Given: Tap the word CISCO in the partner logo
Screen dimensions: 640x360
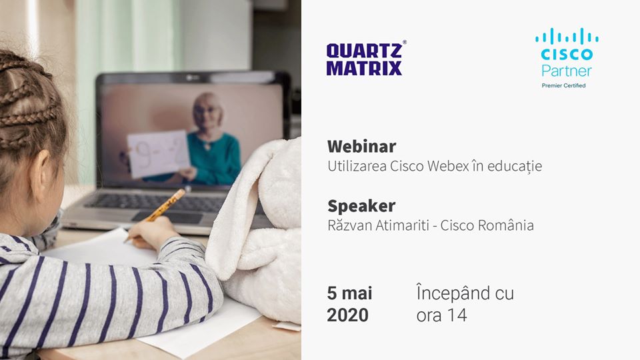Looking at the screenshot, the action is [x=567, y=54].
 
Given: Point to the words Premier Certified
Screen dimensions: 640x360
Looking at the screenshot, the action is [x=563, y=85].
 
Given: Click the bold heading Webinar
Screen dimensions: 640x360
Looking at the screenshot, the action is [x=361, y=146].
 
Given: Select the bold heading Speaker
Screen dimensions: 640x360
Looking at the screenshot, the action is [x=361, y=206].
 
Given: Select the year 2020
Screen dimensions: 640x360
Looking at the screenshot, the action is [x=348, y=315].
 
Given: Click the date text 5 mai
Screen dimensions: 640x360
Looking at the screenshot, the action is [x=349, y=293].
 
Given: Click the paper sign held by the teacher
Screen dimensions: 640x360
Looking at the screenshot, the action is [x=158, y=154].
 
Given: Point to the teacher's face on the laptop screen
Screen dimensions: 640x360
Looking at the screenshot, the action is [x=207, y=111].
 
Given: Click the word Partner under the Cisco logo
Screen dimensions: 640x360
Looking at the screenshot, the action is [x=567, y=71].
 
